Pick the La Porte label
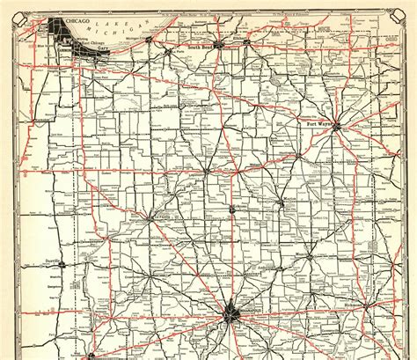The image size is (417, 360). [178, 51]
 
